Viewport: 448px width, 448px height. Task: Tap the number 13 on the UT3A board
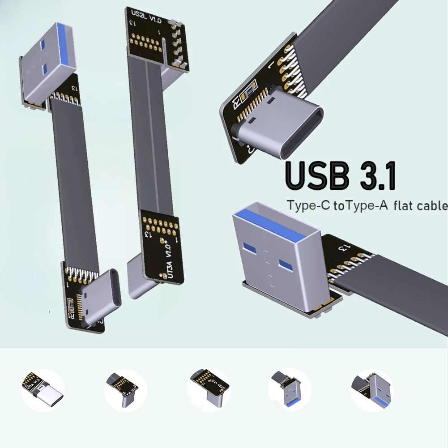146,234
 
